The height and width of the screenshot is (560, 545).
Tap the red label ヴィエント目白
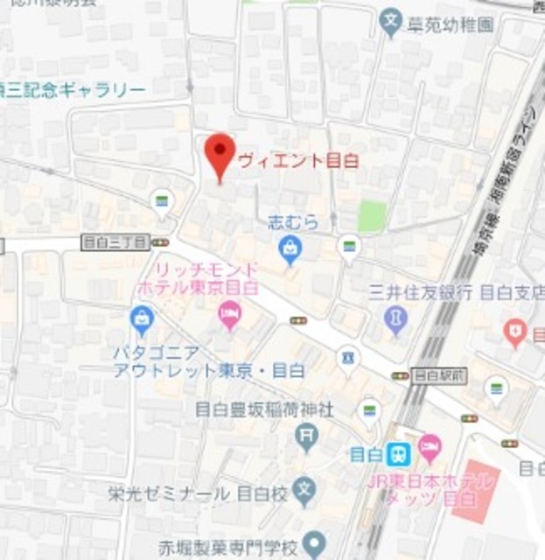[298, 161]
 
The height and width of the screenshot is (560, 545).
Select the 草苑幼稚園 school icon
[391, 24]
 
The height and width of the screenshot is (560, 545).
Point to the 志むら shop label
[292, 222]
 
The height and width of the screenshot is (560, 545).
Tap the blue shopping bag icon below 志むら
[290, 251]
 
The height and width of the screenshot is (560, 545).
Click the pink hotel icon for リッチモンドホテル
[229, 312]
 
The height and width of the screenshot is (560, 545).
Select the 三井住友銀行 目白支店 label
[456, 291]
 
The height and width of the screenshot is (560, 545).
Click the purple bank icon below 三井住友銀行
[396, 318]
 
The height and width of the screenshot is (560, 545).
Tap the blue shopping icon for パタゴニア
[141, 319]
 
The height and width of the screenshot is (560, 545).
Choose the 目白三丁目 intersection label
[115, 241]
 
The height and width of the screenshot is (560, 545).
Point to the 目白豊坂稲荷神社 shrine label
[263, 409]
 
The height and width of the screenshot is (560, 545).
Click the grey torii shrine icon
[306, 435]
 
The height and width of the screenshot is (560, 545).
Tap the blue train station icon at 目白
[398, 453]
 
